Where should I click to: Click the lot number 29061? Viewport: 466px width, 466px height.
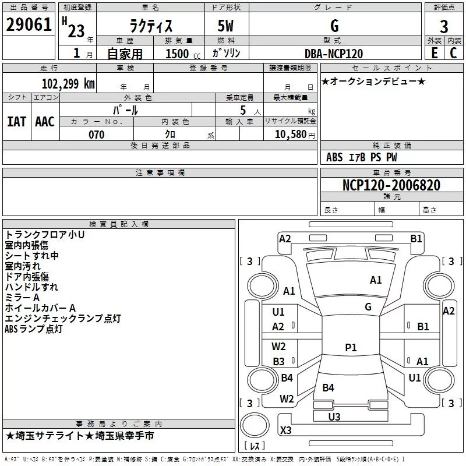[x=29, y=24]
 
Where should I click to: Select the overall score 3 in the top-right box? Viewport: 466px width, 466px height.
[x=444, y=26]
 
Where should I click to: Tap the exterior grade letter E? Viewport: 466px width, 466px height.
[x=435, y=53]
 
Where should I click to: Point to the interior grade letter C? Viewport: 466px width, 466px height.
[x=453, y=53]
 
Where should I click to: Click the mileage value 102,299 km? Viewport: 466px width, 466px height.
[x=68, y=83]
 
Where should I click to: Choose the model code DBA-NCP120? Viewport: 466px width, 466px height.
[x=334, y=54]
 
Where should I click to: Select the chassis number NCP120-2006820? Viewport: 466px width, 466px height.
[x=391, y=185]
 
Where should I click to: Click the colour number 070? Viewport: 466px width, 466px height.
[x=97, y=135]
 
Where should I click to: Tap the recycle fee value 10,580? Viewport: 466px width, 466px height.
[x=291, y=134]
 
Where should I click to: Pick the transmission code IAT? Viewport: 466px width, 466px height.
[x=16, y=122]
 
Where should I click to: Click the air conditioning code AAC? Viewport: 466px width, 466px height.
[x=45, y=122]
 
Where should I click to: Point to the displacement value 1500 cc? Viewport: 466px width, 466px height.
[x=183, y=54]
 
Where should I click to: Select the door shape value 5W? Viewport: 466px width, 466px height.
[x=225, y=26]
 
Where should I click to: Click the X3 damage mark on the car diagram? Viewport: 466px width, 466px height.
[x=285, y=430]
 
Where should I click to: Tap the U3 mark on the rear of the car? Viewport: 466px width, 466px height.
[x=334, y=416]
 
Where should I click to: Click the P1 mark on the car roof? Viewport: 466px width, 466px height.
[x=351, y=347]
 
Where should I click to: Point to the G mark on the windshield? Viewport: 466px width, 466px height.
[x=368, y=306]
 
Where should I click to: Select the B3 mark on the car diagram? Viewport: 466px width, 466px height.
[x=278, y=361]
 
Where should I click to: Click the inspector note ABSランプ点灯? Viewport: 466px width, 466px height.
[x=34, y=329]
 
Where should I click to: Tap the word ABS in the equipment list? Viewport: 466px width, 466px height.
[x=334, y=157]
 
